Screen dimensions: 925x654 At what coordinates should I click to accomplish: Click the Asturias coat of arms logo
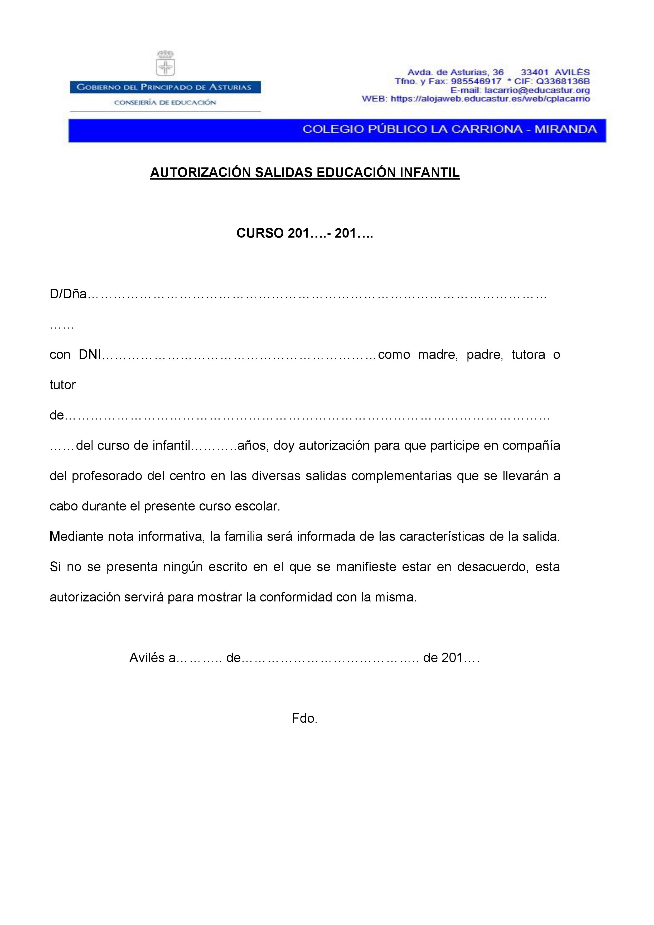coord(166,64)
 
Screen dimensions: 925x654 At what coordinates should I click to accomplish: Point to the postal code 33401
coord(534,73)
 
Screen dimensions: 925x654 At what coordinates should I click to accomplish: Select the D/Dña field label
coord(68,294)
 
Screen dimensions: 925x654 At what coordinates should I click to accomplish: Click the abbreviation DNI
coord(89,355)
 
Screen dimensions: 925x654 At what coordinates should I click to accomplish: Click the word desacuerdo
coord(492,567)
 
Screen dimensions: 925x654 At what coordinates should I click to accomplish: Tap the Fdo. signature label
coord(305,718)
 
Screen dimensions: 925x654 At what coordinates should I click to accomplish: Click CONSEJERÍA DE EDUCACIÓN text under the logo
coord(165,102)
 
